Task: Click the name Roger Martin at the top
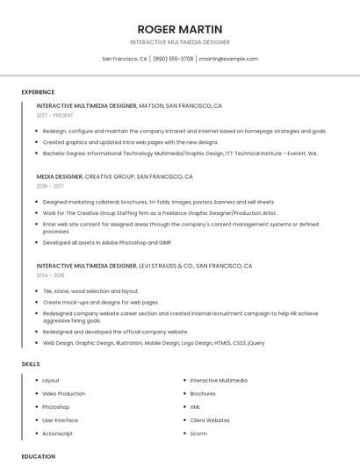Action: point(180,29)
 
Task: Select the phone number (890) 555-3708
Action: point(173,59)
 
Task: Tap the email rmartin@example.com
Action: point(228,59)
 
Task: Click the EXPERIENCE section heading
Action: point(38,92)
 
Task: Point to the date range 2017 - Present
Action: point(55,115)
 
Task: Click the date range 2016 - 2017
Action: point(50,186)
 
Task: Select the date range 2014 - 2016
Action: point(50,275)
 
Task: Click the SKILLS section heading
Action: point(31,363)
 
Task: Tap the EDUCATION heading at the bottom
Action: point(38,456)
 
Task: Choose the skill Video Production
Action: point(64,394)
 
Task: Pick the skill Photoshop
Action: point(55,407)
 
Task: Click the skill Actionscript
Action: point(58,433)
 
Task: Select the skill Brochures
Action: point(203,394)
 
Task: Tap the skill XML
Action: point(195,407)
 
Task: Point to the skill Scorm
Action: point(198,433)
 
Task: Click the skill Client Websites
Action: point(210,420)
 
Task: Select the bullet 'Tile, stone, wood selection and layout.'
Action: point(90,290)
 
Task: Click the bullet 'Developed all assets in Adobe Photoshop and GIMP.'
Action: point(107,242)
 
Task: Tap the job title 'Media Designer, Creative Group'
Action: point(115,176)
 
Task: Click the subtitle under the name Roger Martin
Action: point(180,42)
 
